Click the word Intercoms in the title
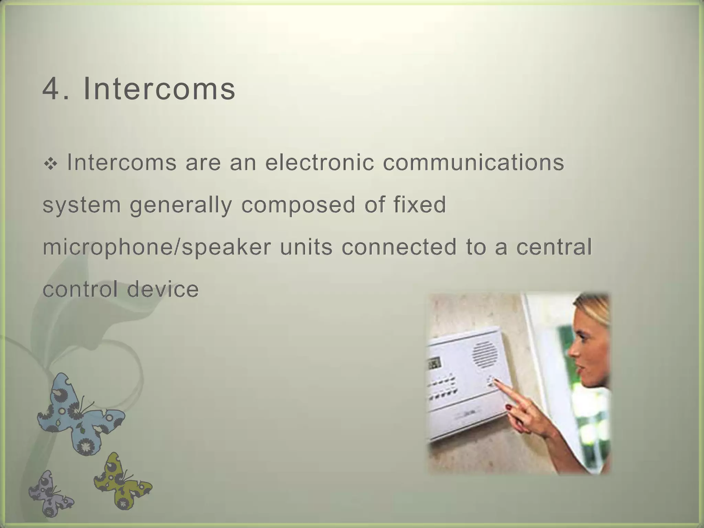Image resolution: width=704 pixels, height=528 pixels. tap(159, 89)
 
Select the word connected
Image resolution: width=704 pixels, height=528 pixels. tap(399, 247)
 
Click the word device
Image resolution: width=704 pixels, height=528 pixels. tap(163, 289)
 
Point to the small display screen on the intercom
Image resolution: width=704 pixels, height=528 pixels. tap(434, 363)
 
